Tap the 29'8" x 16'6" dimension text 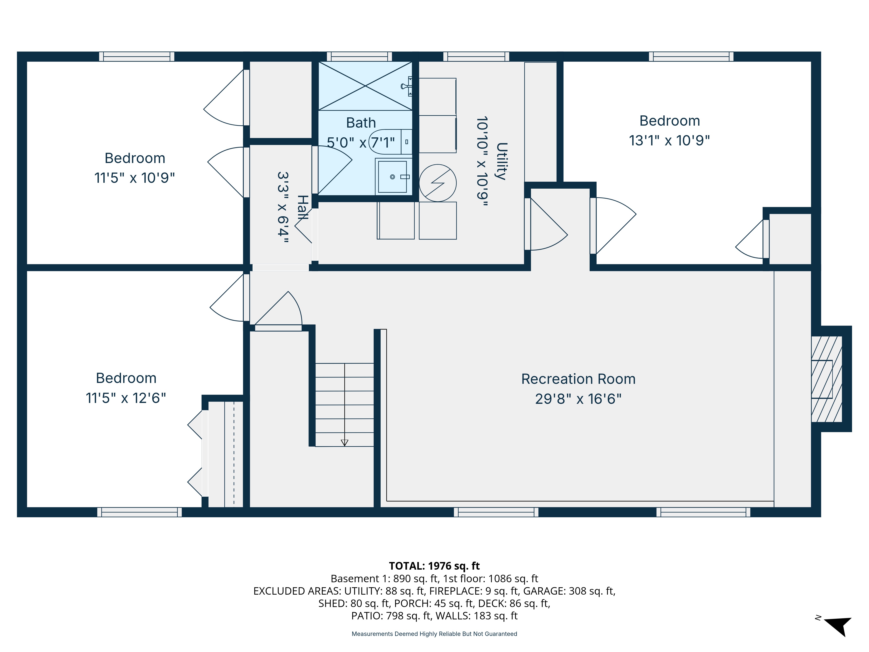(x=578, y=399)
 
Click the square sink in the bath (x=393, y=177)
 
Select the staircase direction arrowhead (x=345, y=442)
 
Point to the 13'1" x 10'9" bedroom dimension (x=669, y=140)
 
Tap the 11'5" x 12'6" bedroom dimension (x=126, y=398)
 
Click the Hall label (x=302, y=208)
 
